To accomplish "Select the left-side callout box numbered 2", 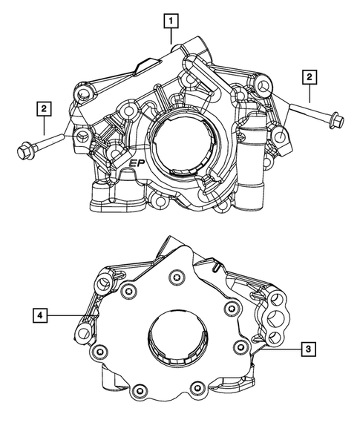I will coord(45,110).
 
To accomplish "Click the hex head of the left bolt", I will coord(24,151).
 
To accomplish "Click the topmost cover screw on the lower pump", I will coord(176,277).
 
